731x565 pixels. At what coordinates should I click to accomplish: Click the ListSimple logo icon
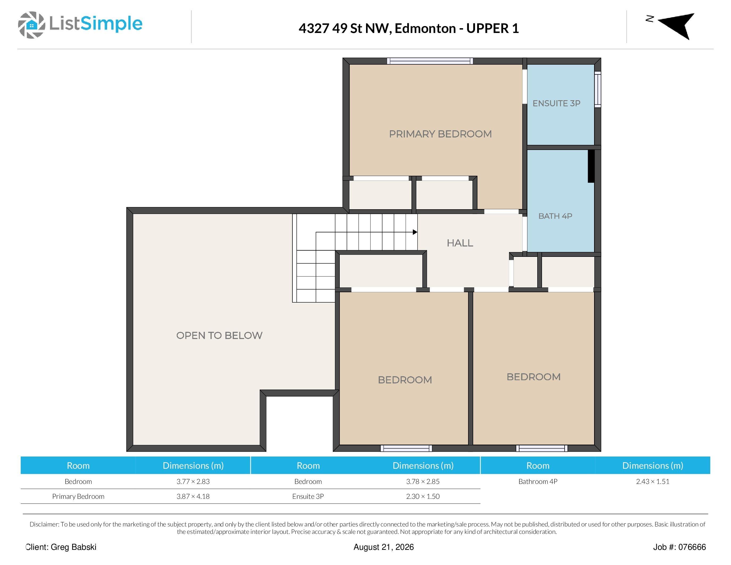(x=31, y=25)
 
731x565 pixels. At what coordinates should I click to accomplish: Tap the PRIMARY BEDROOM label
(x=440, y=134)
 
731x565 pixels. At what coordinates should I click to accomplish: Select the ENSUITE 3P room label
(x=556, y=103)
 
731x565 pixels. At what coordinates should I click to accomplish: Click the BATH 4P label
(x=555, y=216)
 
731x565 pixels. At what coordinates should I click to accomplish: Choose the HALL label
(x=460, y=243)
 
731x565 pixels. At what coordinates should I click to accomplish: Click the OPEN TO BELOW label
(x=219, y=335)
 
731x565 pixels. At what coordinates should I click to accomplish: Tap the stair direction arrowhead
(x=415, y=232)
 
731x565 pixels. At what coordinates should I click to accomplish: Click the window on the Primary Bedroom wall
(x=430, y=61)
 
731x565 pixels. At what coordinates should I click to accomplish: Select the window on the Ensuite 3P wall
(x=598, y=89)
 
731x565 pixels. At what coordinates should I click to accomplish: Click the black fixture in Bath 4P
(x=591, y=166)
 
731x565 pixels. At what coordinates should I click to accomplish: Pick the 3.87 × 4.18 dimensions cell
(x=193, y=496)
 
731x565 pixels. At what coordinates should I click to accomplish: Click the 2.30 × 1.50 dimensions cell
(x=423, y=496)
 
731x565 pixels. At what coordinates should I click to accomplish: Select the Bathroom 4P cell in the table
(x=538, y=482)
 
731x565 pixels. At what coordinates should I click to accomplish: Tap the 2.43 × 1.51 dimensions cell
(x=653, y=482)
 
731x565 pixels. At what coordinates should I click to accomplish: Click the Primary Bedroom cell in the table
(x=78, y=496)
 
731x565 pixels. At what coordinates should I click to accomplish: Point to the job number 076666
(x=692, y=547)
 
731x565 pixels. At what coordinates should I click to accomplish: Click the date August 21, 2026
(x=384, y=547)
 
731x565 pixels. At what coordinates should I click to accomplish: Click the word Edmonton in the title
(x=425, y=28)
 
